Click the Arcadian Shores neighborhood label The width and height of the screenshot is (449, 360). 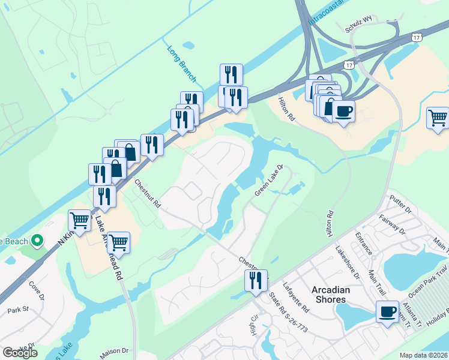click(330, 294)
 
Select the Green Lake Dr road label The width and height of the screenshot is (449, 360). click(268, 180)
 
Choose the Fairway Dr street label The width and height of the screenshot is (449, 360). click(393, 224)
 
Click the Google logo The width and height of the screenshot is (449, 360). click(20, 352)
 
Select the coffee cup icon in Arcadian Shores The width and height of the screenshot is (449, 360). click(387, 311)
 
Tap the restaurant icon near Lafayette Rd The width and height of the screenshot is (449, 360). click(256, 280)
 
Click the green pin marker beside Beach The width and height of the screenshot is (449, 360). click(37, 241)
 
